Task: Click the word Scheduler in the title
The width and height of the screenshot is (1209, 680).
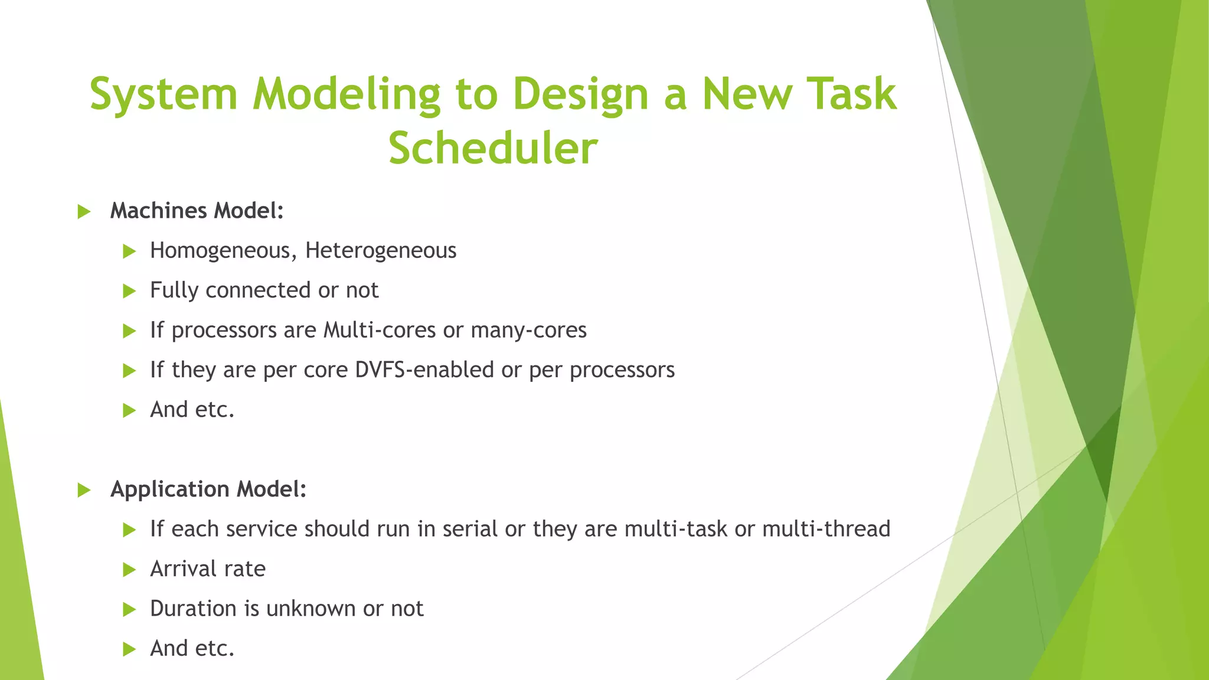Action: tap(493, 148)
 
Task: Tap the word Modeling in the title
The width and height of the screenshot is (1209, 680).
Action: tap(347, 94)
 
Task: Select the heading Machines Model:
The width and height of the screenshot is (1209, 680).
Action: tap(197, 211)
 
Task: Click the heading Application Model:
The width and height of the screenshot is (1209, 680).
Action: tap(208, 489)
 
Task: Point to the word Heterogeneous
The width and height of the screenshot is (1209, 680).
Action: tap(381, 251)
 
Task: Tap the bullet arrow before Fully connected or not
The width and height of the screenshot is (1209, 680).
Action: tap(129, 291)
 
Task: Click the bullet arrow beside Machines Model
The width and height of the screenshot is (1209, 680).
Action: tap(84, 211)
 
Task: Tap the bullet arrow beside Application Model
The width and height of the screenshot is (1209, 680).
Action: tap(84, 490)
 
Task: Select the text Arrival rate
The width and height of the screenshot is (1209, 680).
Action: tap(208, 569)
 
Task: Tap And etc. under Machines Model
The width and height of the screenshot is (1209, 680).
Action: tap(192, 410)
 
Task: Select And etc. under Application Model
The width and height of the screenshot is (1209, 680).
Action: tap(192, 649)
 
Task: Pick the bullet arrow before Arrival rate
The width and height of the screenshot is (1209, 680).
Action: tap(129, 570)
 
